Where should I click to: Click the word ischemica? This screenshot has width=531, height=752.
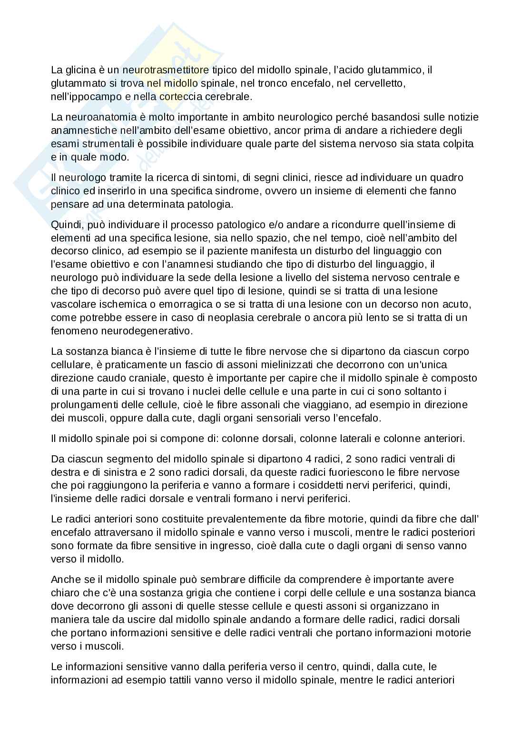tap(112, 304)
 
